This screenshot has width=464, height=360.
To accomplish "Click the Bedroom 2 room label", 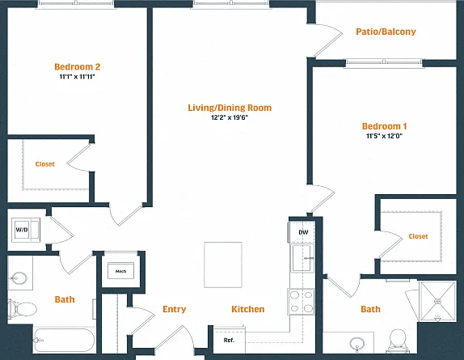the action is pos(78,66).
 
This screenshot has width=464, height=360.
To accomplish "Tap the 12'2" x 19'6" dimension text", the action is pos(230,117).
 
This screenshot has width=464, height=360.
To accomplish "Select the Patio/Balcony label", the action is pos(386,32).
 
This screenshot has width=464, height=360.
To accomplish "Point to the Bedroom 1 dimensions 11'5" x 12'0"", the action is pos(385,136).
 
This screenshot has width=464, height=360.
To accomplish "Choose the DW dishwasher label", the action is pos(303,232).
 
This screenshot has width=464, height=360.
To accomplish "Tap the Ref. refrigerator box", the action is pos(230,340).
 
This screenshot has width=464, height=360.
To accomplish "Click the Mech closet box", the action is pos(120,271).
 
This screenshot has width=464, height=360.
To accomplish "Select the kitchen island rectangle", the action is pos(223,265).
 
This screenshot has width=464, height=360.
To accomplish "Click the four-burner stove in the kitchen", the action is pos(302,302).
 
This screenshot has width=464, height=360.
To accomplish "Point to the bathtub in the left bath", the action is pos(64,340).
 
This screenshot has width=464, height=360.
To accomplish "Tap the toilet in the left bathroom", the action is pos(22,309).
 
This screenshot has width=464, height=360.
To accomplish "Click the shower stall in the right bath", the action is pos(437,302).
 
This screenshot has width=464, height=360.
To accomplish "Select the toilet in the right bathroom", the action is pos(398,341).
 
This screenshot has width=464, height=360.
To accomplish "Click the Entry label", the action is pos(175,309).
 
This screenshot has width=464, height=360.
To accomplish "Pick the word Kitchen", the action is pos(248,309).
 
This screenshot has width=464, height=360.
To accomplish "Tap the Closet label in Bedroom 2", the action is pos(45,164).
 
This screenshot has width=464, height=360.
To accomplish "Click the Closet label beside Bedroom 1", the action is pos(418,236).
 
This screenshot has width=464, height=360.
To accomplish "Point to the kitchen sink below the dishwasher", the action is pos(303,258).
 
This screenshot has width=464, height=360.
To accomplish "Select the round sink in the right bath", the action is pos(356,345).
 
